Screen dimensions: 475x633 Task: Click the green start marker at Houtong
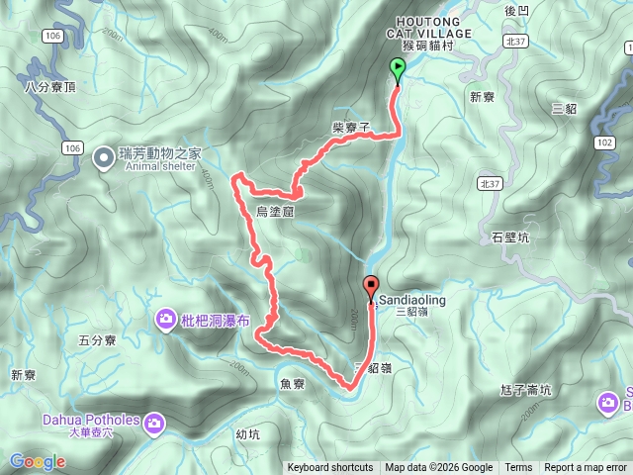[398, 68]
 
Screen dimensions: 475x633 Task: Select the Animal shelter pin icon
[103, 157]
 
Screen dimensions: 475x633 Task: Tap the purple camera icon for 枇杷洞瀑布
[165, 318]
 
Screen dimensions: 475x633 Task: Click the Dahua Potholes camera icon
[154, 424]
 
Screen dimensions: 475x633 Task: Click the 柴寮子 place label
[351, 128]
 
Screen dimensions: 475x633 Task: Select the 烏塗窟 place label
[274, 212]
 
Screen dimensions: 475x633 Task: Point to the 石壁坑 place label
[510, 237]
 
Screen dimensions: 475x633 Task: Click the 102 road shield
[605, 142]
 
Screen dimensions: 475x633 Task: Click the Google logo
[37, 461]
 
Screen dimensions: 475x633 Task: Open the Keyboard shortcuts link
[330, 468]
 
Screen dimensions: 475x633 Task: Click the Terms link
[518, 468]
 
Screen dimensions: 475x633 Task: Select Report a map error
[586, 468]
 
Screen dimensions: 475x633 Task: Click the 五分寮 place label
[97, 339]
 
